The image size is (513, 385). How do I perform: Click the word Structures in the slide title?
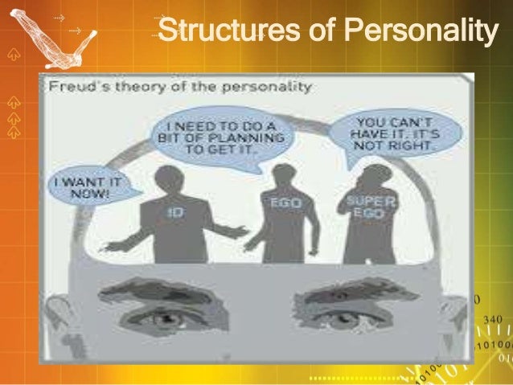[206, 34]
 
